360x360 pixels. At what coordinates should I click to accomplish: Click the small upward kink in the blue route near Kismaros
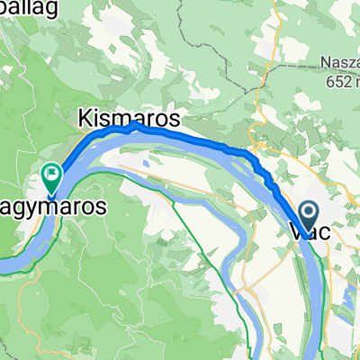tap(135, 126)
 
